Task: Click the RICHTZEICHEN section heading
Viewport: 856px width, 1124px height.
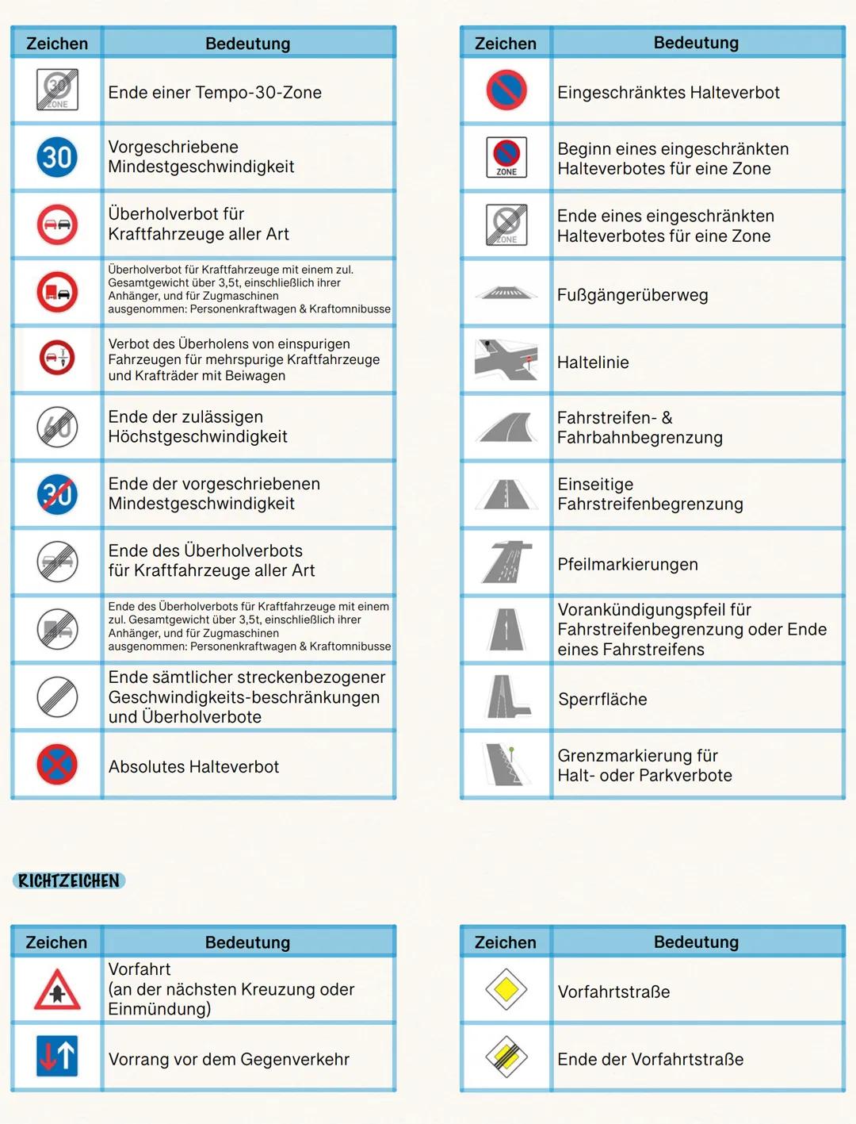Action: click(69, 880)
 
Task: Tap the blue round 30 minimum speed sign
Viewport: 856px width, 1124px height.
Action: click(57, 157)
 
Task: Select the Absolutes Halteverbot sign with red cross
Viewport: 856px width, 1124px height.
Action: click(57, 765)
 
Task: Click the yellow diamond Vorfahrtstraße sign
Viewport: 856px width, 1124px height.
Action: click(506, 990)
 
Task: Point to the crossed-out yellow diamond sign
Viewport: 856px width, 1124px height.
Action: click(506, 1057)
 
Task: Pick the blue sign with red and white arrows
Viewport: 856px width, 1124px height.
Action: click(57, 1057)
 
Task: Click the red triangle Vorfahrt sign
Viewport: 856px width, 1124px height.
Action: click(57, 990)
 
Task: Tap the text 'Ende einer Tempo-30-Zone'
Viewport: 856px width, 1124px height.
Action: click(215, 93)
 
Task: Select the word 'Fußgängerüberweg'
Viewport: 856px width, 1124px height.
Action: click(632, 295)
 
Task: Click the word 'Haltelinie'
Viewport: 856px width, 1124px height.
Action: click(593, 363)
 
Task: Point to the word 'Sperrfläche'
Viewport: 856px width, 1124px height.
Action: click(602, 699)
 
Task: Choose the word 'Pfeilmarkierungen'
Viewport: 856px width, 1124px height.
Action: click(628, 564)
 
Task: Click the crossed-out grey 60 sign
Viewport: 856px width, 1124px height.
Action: click(57, 427)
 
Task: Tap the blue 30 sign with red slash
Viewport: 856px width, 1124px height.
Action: click(57, 494)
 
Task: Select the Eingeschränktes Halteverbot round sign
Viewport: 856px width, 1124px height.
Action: click(506, 90)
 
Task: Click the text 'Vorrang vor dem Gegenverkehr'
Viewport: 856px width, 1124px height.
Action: click(229, 1059)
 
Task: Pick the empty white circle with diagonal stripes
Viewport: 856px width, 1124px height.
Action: click(57, 697)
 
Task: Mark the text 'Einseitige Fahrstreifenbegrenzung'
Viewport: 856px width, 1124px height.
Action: click(650, 494)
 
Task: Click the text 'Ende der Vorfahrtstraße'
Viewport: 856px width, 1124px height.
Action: click(650, 1059)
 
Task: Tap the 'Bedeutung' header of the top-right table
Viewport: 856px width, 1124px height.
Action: click(696, 43)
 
